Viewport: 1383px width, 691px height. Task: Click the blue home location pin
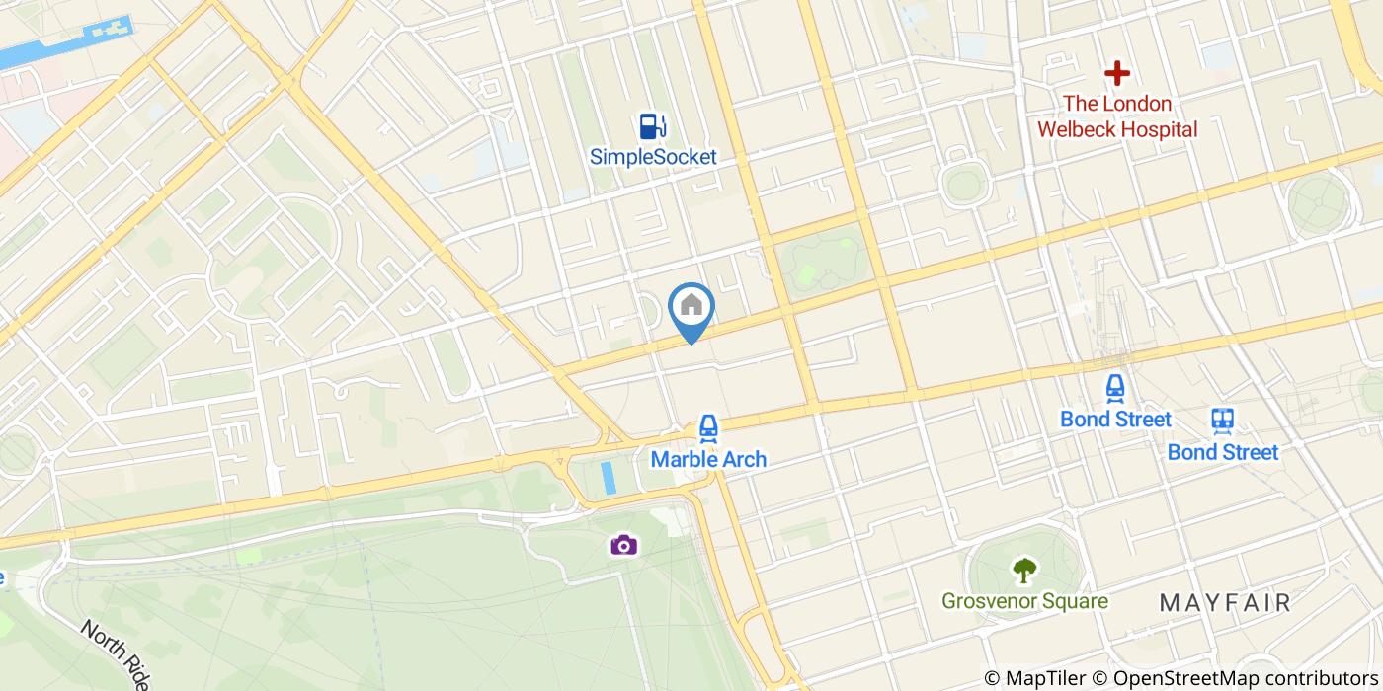coord(691,307)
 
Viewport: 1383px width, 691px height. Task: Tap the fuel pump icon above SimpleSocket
coord(652,125)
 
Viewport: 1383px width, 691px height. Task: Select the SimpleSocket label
coord(653,156)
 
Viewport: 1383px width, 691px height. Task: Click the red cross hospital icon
coord(1117,73)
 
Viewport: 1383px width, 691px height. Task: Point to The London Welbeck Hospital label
coord(1117,116)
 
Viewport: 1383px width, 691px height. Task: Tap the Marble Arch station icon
coord(707,428)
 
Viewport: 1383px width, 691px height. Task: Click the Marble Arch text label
coord(707,459)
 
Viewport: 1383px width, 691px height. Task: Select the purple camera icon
coord(622,544)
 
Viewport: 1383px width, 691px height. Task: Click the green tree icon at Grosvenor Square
coord(1024,570)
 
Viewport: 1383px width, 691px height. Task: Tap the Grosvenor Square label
coord(1024,601)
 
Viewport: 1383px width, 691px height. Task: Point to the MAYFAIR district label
coord(1225,602)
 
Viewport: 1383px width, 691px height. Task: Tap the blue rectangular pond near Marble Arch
coord(609,478)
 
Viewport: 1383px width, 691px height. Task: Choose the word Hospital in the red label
coord(1153,129)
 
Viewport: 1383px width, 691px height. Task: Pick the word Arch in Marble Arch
coord(743,459)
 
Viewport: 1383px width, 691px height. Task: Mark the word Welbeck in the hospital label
coord(1073,129)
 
